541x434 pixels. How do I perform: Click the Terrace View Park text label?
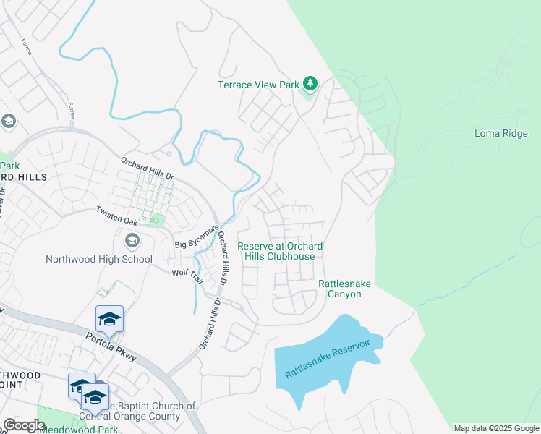point(258,85)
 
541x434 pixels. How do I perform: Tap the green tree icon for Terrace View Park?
point(310,84)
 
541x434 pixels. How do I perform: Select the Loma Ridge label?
point(501,133)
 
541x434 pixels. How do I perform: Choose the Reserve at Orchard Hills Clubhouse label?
point(280,251)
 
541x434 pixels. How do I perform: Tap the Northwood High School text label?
point(99,259)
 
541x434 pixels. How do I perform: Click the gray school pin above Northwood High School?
point(132,240)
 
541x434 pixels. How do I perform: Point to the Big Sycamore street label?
point(197,237)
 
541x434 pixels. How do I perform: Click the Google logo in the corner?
point(24,425)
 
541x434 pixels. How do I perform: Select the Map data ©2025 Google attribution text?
point(496,428)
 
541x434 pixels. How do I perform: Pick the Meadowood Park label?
point(79,430)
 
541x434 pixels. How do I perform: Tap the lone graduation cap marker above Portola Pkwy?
point(109,319)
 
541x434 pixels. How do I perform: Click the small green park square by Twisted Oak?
point(157,221)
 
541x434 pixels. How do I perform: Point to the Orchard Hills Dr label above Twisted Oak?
point(148,170)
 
